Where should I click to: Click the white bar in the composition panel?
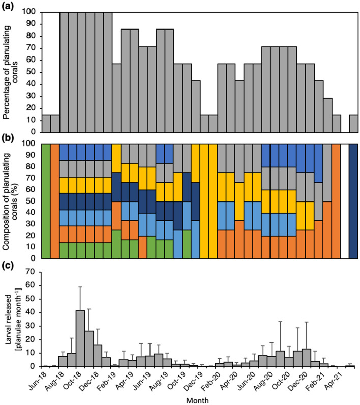tap(344, 201)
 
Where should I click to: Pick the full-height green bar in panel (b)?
tap(46, 201)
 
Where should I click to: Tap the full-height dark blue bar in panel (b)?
tap(353, 201)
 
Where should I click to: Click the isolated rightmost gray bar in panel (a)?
tap(353, 122)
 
